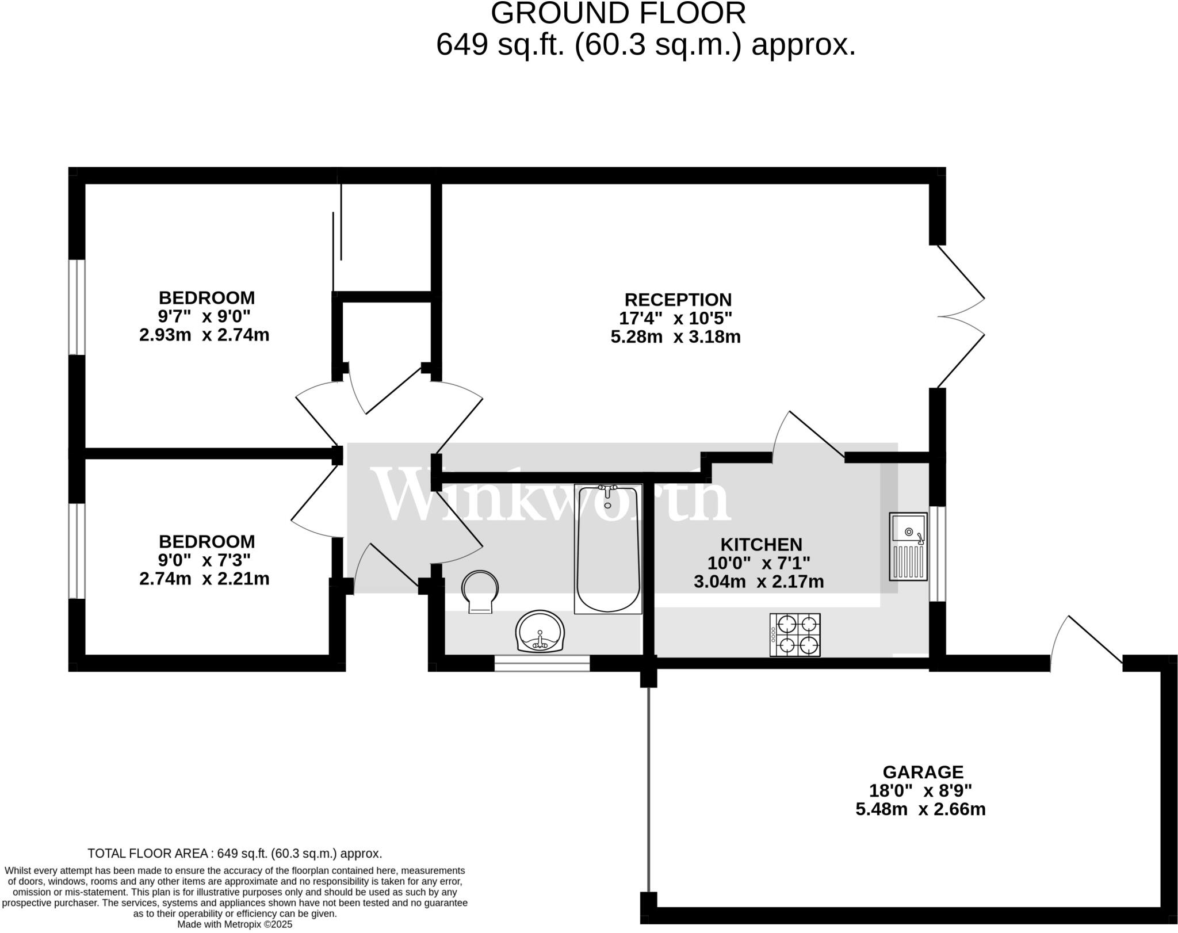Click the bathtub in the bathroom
coord(608,549)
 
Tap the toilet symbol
coord(480,591)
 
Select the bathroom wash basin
coord(540,632)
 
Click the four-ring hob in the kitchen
coord(795,634)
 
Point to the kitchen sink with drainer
coord(908,546)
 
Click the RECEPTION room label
coord(678,300)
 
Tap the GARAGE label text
coord(923,772)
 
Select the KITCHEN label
coord(761,544)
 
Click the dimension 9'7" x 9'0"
coord(204,316)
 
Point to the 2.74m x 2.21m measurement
coord(204,579)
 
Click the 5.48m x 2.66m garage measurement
coord(920,809)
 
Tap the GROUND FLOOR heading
coord(618,13)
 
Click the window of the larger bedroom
coord(77,307)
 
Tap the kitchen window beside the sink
coord(938,553)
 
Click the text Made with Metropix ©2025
coord(235,924)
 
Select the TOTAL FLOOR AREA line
coord(235,853)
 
